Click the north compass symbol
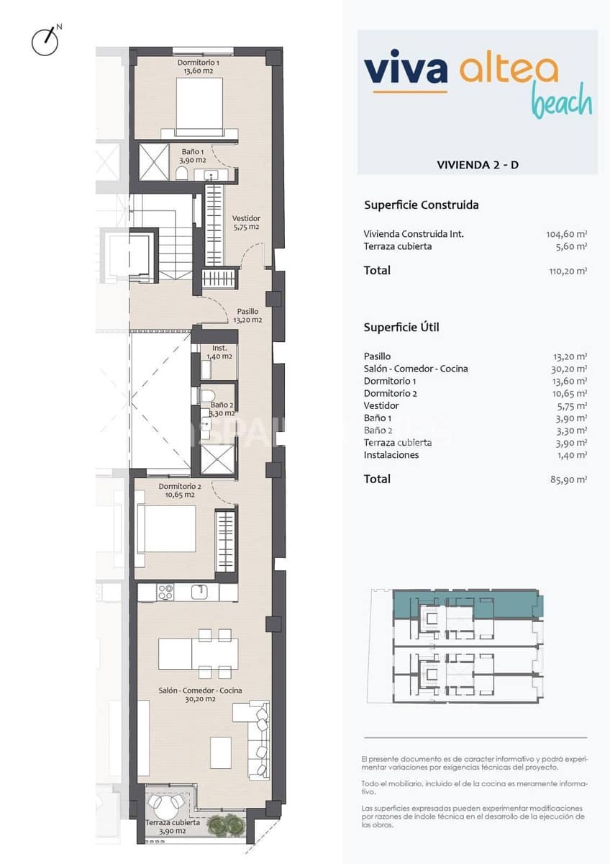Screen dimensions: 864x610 click(x=45, y=42)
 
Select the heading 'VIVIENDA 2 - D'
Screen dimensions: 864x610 click(x=478, y=165)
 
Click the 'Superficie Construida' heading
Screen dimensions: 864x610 click(x=421, y=205)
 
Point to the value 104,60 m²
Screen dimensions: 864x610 click(x=566, y=234)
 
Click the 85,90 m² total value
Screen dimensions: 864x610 click(x=568, y=480)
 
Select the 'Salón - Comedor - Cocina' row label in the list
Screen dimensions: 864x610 click(x=416, y=369)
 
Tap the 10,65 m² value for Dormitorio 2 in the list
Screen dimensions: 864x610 click(x=568, y=394)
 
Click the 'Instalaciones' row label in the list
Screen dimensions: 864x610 click(x=391, y=455)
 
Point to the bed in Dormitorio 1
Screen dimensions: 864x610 click(x=199, y=105)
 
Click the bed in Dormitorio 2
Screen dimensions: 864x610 click(x=167, y=529)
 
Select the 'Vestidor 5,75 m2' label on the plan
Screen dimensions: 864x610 click(x=246, y=222)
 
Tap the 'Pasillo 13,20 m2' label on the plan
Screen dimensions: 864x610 click(x=246, y=316)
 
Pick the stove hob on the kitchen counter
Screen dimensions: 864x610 click(x=165, y=593)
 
